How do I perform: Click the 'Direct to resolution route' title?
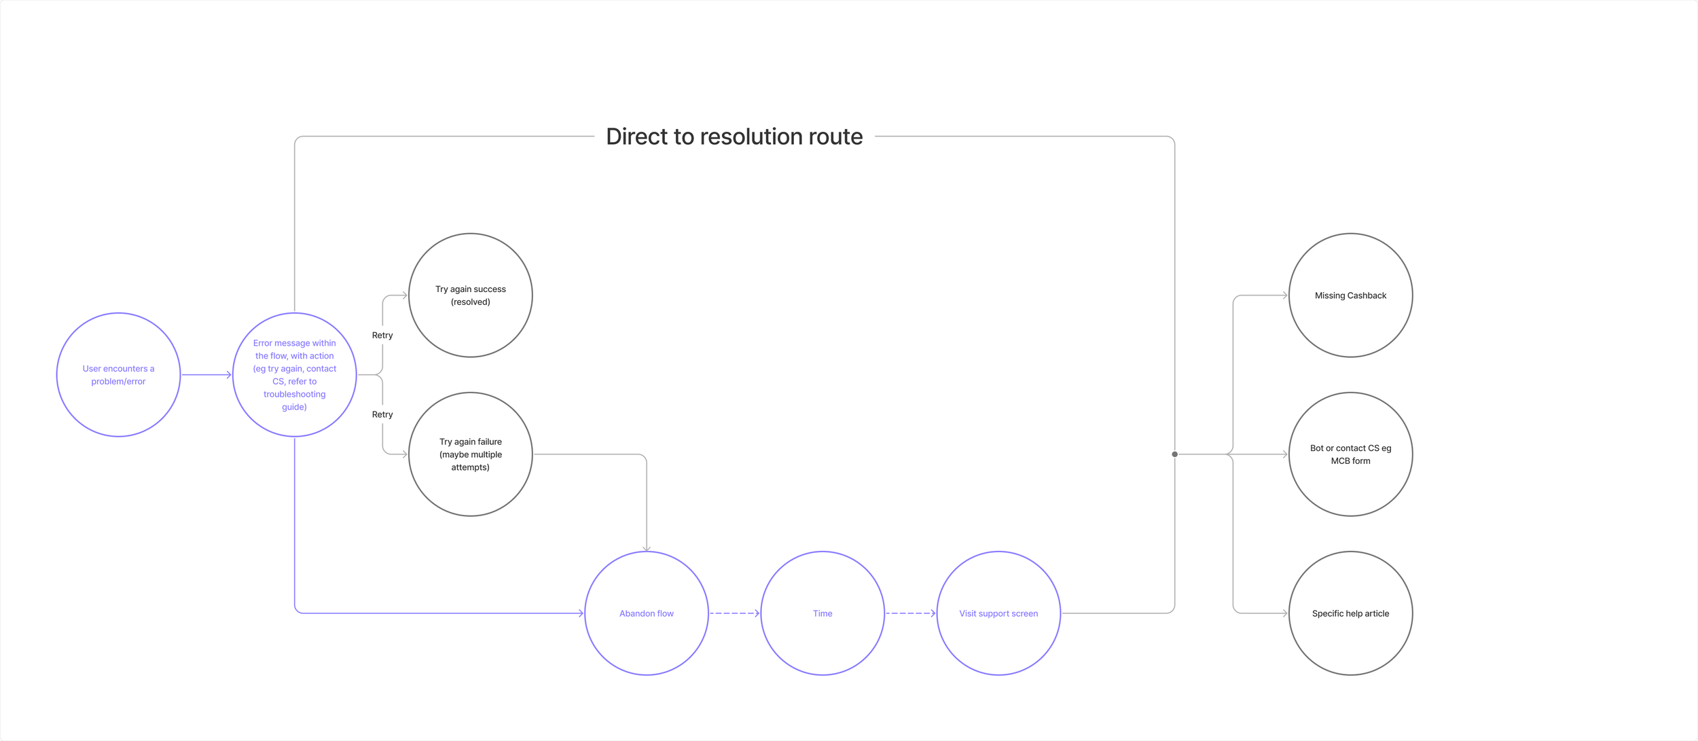(x=734, y=137)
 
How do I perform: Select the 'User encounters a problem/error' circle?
(x=118, y=375)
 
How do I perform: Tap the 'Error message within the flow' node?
(x=294, y=375)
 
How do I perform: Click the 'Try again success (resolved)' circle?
(x=470, y=295)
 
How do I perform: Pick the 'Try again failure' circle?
(x=470, y=454)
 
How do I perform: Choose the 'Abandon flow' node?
(x=646, y=613)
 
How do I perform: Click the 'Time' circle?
(x=822, y=613)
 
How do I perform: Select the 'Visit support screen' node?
(x=998, y=613)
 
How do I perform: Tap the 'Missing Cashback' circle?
(x=1350, y=295)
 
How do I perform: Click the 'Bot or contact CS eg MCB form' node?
(x=1350, y=454)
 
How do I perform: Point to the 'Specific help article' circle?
(x=1350, y=613)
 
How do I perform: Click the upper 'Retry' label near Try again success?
(x=382, y=336)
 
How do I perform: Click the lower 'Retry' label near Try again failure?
(x=382, y=414)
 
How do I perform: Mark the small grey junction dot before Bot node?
(x=1174, y=454)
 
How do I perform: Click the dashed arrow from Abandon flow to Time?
(x=734, y=613)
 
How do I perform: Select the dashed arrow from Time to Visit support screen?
(x=910, y=613)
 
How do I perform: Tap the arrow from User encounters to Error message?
(x=206, y=375)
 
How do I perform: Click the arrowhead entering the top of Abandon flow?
(x=646, y=547)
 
